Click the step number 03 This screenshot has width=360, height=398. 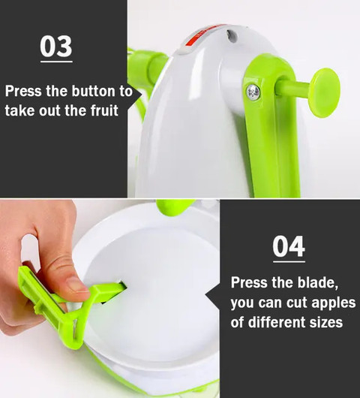[56, 47]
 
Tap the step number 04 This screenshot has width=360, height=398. [289, 246]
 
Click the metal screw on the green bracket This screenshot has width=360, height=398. [253, 92]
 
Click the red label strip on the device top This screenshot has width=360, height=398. [202, 36]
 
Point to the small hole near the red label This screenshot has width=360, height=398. [231, 35]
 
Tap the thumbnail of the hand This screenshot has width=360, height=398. [76, 284]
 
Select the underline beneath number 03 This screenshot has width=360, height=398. [56, 62]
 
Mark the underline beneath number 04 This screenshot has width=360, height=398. [289, 261]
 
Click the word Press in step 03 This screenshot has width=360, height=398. [23, 91]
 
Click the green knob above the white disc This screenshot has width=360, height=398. [175, 205]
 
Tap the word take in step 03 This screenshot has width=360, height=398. [19, 110]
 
